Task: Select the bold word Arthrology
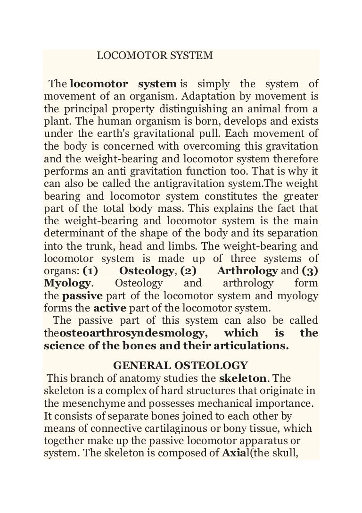pyautogui.click(x=247, y=271)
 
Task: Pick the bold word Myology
pyautogui.click(x=67, y=283)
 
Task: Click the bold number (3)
pyautogui.click(x=310, y=271)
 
